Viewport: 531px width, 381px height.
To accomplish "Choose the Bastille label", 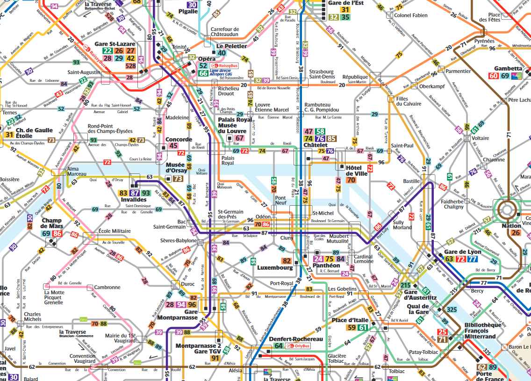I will pos(411,180).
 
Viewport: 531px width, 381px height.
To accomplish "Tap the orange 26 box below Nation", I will pos(516,233).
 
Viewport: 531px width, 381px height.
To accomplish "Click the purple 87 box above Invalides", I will pos(135,193).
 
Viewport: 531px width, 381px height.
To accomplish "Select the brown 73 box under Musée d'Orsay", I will pos(178,179).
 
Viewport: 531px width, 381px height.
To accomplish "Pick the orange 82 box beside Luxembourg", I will pos(287,261).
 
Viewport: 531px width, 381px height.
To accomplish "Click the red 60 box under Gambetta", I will pos(493,76).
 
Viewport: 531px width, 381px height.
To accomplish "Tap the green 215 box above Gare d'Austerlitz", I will pos(406,286).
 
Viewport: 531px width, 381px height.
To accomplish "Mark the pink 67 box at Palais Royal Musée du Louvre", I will pos(240,138).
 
